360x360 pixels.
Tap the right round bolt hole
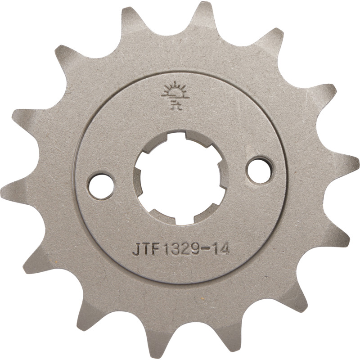(260, 170)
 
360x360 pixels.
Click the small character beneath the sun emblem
(172, 106)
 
